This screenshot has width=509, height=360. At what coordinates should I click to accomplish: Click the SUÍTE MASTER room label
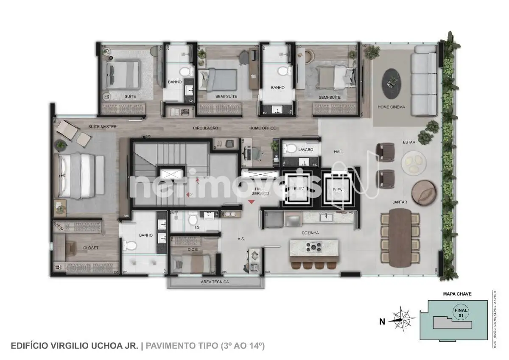[x=102, y=127]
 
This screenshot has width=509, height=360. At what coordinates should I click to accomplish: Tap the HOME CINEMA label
[x=391, y=107]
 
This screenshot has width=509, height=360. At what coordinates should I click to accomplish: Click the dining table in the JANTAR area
[x=400, y=238]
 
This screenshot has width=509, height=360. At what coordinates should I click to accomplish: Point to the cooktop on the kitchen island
[x=314, y=246]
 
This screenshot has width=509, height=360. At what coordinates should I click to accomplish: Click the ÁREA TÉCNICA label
[x=215, y=282]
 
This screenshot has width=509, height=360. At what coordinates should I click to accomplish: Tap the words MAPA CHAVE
[x=457, y=293]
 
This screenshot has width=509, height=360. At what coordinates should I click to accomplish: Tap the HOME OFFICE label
[x=262, y=128]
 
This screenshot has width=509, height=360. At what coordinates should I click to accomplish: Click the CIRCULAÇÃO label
[x=205, y=128]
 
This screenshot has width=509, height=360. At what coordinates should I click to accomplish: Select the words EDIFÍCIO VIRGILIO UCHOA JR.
[x=74, y=346]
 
